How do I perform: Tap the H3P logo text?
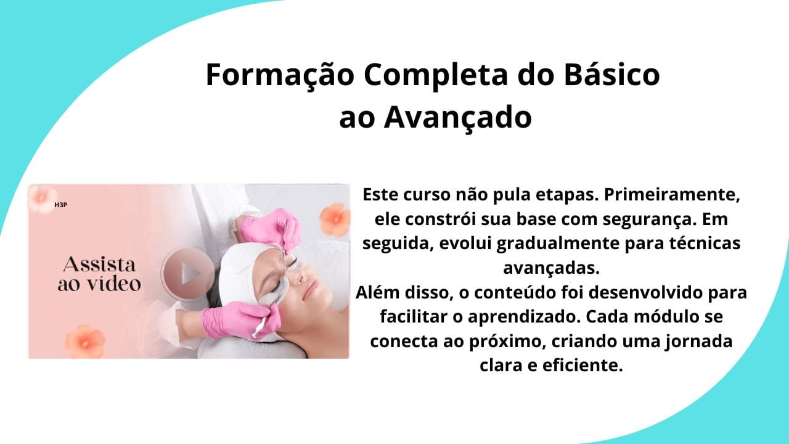click(x=60, y=205)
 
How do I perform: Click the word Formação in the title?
click(x=280, y=75)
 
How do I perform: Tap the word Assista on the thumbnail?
click(x=99, y=265)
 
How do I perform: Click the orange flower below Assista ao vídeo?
click(x=85, y=341)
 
